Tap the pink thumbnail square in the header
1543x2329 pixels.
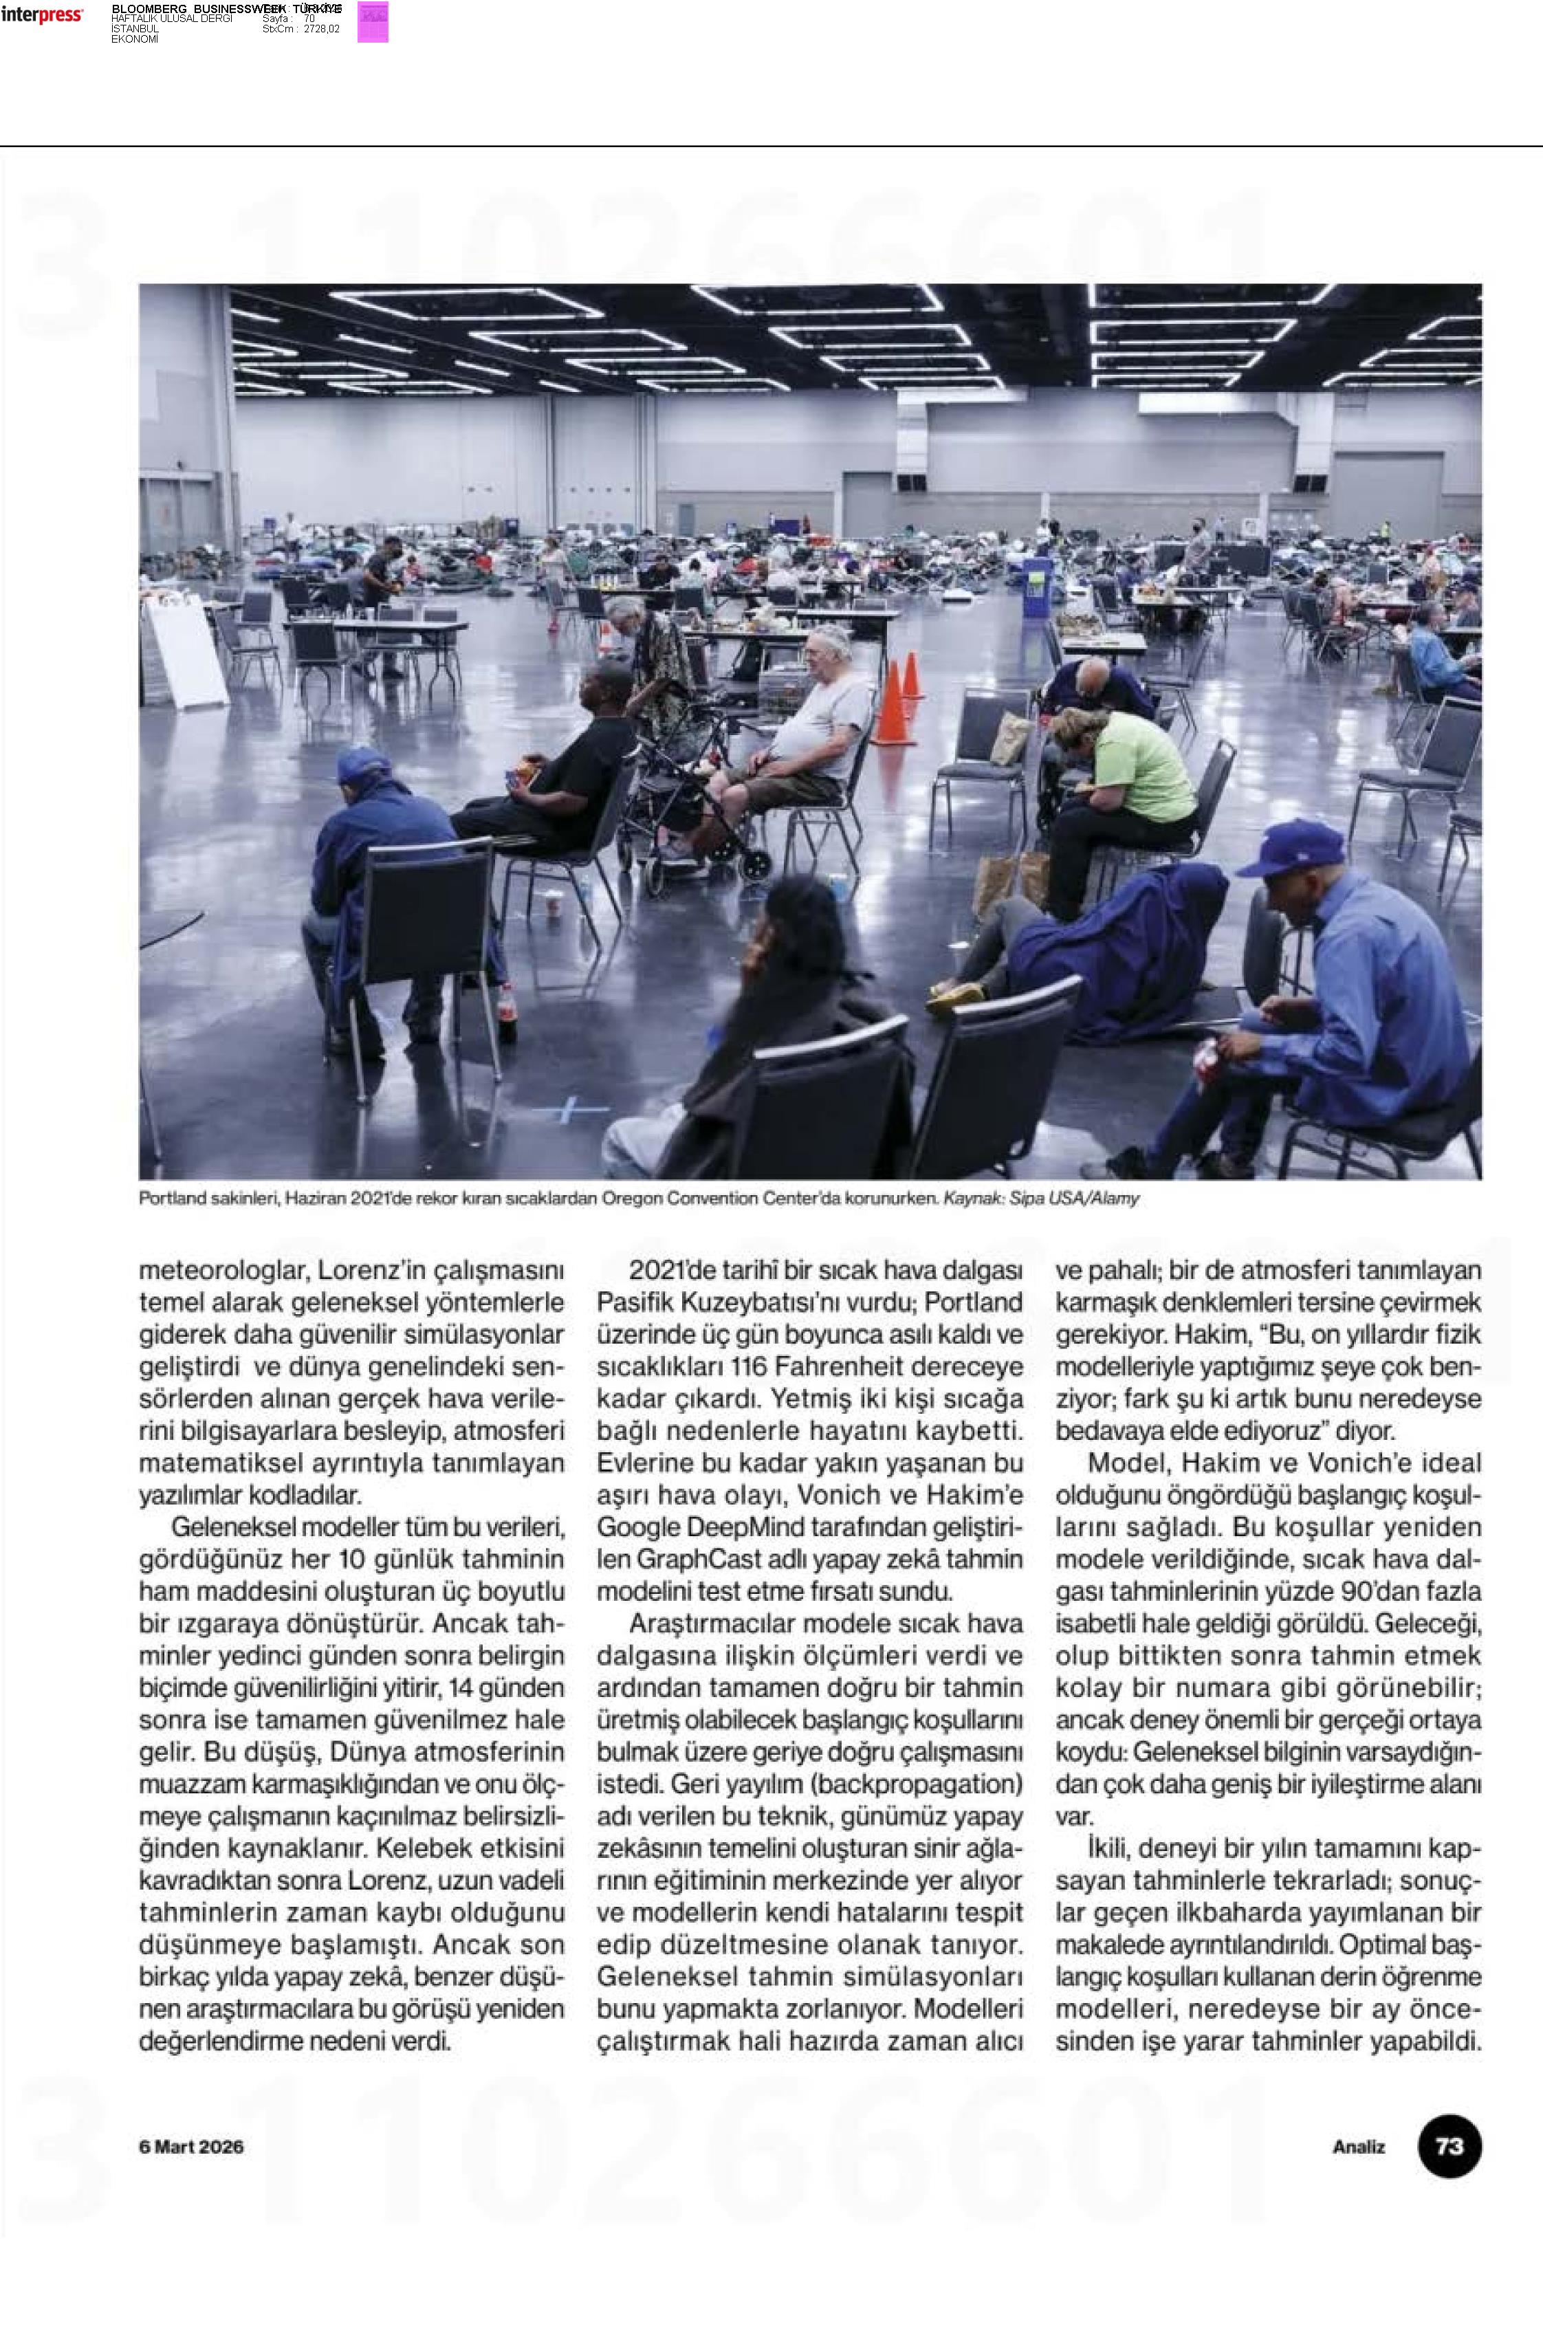click(x=372, y=21)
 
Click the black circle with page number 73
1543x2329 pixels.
click(x=1449, y=2146)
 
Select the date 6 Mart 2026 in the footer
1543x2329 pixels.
click(x=191, y=2147)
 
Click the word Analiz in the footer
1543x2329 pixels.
click(x=1358, y=2147)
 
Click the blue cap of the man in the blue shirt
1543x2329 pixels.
click(x=1289, y=847)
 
